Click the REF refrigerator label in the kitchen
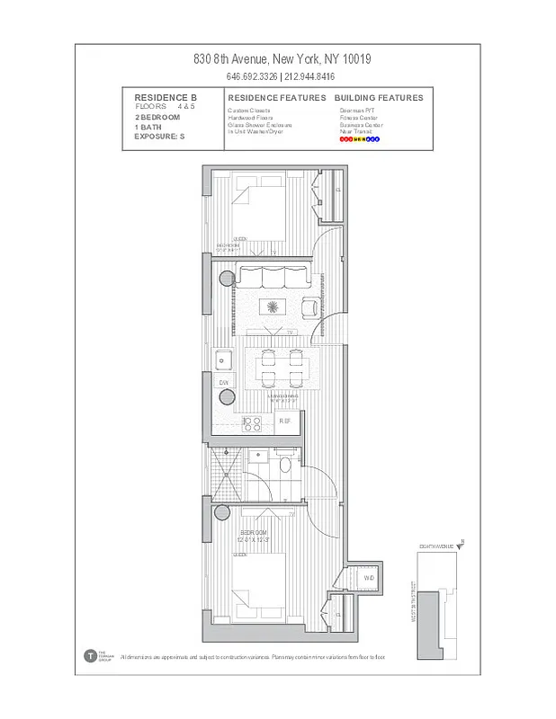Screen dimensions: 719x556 (x=285, y=421)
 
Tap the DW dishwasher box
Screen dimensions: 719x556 (x=224, y=382)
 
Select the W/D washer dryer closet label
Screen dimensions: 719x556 (x=369, y=578)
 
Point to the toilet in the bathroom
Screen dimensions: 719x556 (x=285, y=465)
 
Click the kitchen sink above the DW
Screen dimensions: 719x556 (x=224, y=361)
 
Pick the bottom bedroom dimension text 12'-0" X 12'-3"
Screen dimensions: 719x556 (x=255, y=539)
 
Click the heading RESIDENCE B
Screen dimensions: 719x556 (x=166, y=97)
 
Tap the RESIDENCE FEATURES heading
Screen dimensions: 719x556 (x=277, y=97)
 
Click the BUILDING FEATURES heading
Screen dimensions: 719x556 (x=378, y=97)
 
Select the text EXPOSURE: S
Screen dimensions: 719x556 (x=158, y=136)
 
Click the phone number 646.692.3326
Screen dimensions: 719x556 (x=252, y=76)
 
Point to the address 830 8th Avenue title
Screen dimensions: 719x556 (x=282, y=59)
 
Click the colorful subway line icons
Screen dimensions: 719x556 (x=360, y=139)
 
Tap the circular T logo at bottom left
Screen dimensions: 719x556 (x=90, y=656)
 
